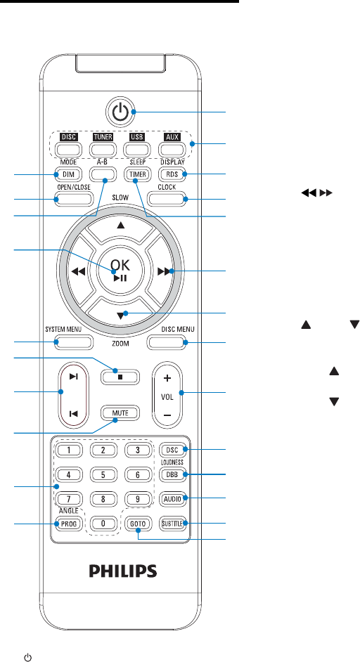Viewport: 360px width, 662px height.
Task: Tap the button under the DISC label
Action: [x=67, y=149]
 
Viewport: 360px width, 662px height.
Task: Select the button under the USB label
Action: [x=137, y=149]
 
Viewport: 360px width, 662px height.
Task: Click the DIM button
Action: [x=67, y=174]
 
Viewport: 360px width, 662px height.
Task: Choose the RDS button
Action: [x=173, y=174]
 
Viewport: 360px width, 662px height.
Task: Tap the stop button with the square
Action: [x=120, y=365]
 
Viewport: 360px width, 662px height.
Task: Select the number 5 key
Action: [x=103, y=474]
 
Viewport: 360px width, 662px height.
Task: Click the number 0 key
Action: [x=103, y=524]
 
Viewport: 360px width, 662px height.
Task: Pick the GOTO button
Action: [x=137, y=524]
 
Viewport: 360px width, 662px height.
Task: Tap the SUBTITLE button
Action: [x=173, y=524]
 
